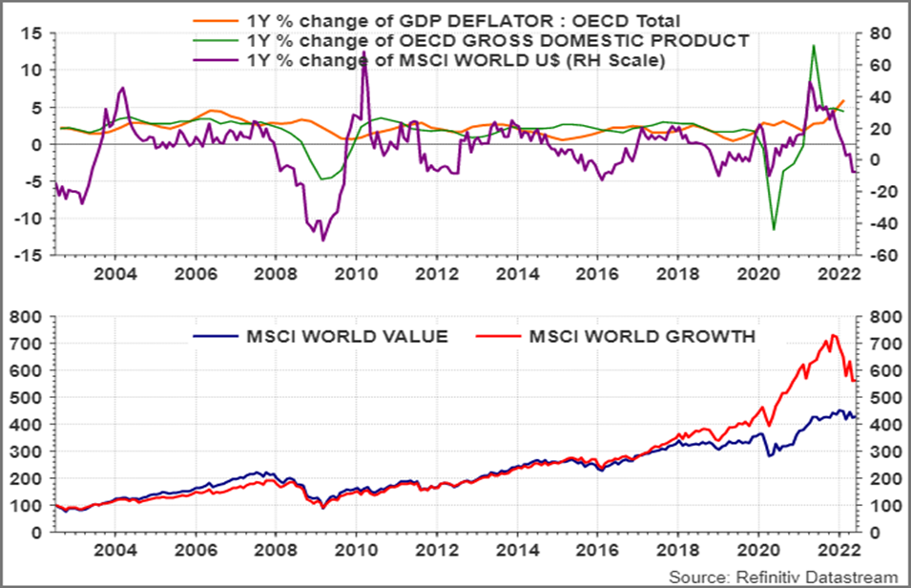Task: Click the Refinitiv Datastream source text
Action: [x=782, y=577]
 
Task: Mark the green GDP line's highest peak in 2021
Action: [x=814, y=45]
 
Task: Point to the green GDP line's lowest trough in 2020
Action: [x=774, y=229]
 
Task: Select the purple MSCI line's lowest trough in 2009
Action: [x=323, y=240]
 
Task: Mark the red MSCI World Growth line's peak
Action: [x=833, y=335]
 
